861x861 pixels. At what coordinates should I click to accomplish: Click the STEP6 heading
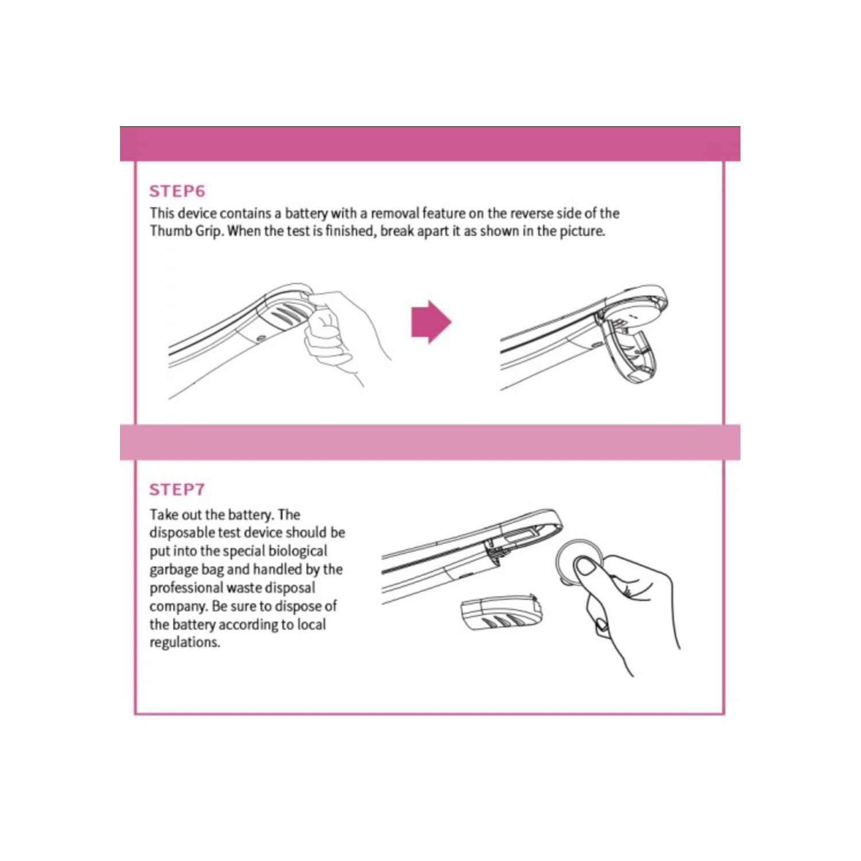click(x=177, y=191)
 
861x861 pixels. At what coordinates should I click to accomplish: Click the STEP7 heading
click(x=177, y=490)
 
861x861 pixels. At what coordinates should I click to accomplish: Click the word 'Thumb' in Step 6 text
click(x=168, y=231)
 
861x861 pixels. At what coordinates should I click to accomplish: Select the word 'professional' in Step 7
click(x=187, y=588)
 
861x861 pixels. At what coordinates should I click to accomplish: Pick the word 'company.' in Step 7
click(x=179, y=606)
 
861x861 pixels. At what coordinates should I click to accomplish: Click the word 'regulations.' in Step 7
click(x=185, y=642)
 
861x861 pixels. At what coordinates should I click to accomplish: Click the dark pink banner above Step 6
click(x=430, y=144)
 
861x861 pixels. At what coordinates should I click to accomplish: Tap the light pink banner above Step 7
click(x=430, y=443)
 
